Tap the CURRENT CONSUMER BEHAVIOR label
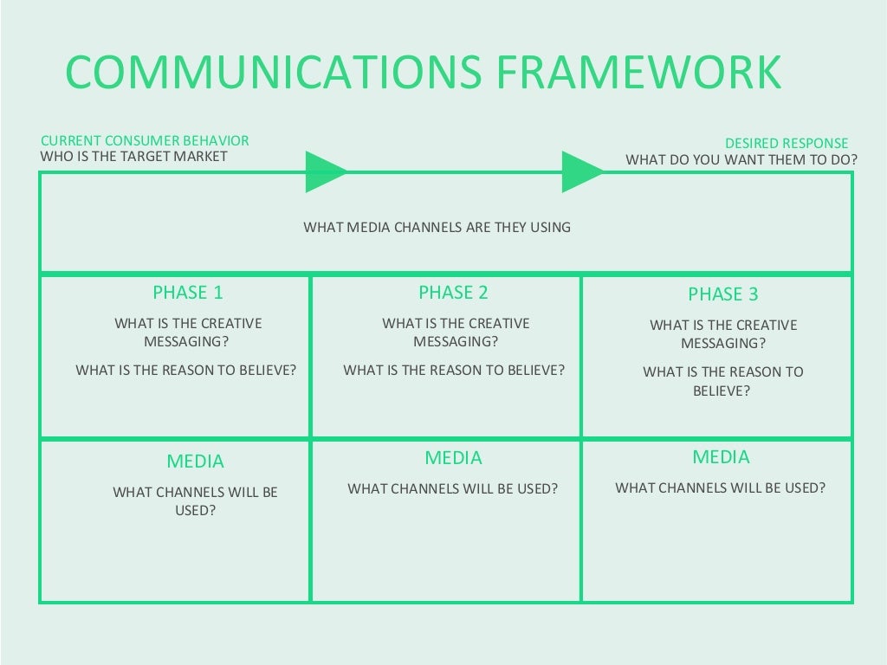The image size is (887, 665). tap(145, 140)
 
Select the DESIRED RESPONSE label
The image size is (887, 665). tap(787, 143)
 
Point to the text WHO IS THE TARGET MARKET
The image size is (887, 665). tap(133, 157)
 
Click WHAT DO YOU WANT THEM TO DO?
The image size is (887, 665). tap(741, 159)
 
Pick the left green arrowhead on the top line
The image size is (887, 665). tap(324, 171)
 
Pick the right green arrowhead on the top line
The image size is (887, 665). tap(581, 171)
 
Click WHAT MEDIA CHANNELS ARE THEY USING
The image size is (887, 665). tap(437, 227)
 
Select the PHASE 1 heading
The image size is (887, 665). tap(188, 293)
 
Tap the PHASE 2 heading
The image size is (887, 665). tap(453, 293)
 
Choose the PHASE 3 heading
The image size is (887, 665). tap(722, 294)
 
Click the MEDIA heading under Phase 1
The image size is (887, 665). tap(195, 462)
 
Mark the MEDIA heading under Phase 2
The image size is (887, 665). tap(453, 458)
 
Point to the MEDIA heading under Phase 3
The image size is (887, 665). tap(721, 457)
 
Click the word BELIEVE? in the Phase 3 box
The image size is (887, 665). tap(722, 391)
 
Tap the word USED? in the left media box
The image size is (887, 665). tap(195, 510)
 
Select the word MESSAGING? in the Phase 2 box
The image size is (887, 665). tap(456, 341)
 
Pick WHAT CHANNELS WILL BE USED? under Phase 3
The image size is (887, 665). tap(721, 487)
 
